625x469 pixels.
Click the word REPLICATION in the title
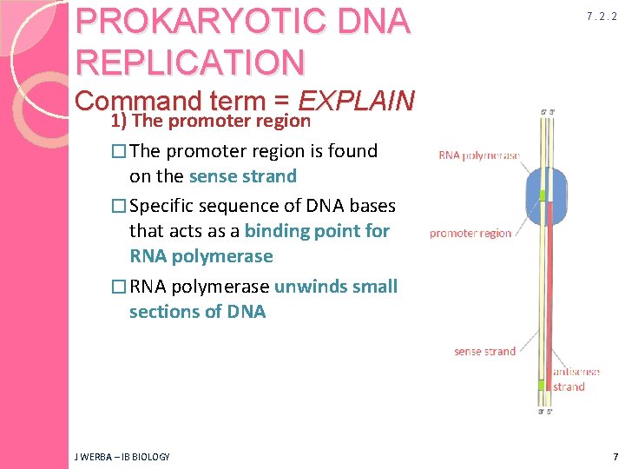coord(190,62)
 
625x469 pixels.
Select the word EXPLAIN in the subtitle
coord(356,100)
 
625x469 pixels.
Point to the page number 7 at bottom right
coord(615,456)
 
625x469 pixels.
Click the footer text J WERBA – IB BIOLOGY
coord(122,457)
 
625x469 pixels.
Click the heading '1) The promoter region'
coord(210,121)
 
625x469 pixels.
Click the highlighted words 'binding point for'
coord(317,231)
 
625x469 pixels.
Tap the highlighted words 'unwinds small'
coord(336,287)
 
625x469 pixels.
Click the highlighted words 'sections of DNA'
coord(197,312)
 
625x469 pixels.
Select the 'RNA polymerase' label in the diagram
coord(479,156)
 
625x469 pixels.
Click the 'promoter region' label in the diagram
coord(470,233)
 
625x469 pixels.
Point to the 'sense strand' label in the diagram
coord(484,351)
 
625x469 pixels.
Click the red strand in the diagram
coord(549,287)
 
